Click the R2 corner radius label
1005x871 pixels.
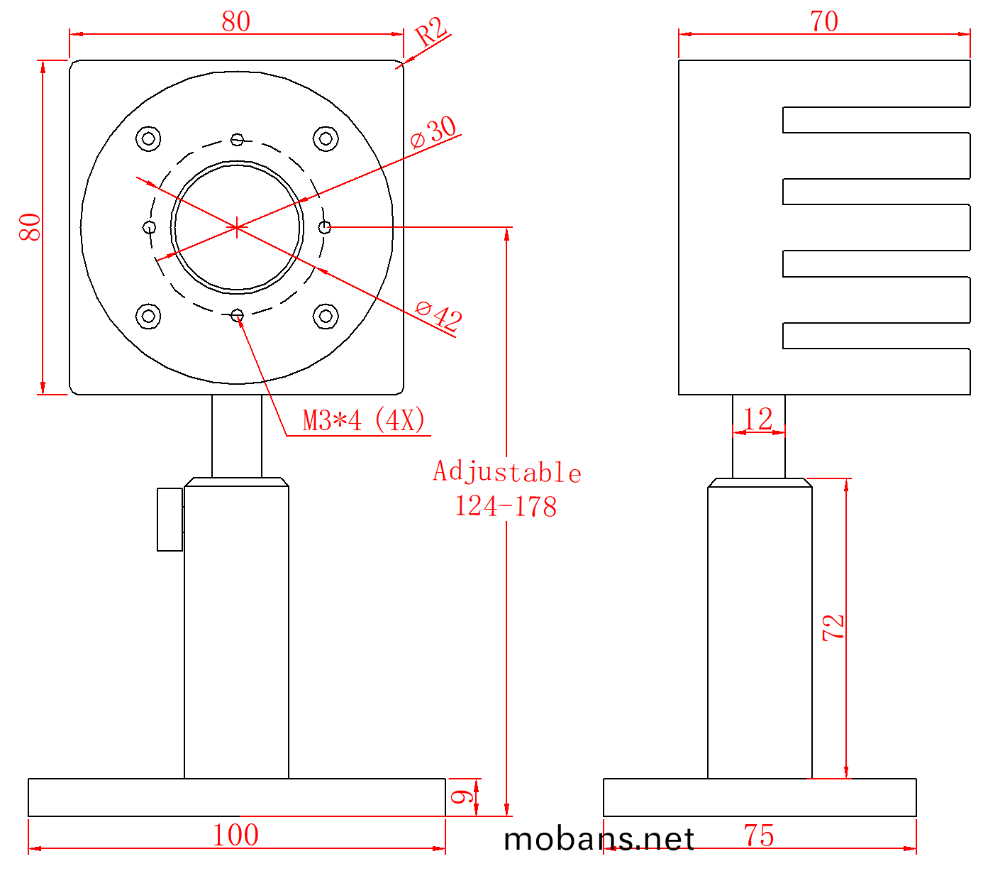431,32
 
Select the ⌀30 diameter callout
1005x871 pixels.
434,131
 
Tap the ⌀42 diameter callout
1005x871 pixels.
439,315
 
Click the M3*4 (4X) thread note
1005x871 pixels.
364,420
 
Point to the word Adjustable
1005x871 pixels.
507,472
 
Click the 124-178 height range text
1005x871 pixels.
506,507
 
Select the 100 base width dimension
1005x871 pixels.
235,836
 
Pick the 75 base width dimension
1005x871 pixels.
758,836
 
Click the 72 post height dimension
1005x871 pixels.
833,628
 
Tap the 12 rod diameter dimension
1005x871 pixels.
757,419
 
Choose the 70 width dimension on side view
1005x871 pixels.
824,21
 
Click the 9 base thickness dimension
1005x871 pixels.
462,796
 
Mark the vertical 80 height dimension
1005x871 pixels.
30,227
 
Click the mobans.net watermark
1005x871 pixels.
599,840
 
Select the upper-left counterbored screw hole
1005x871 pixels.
148,138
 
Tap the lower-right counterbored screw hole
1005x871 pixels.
326,316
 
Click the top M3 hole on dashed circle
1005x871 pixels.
237,139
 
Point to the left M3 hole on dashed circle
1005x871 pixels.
149,227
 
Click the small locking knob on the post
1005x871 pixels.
170,519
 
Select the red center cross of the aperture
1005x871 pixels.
236,227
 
